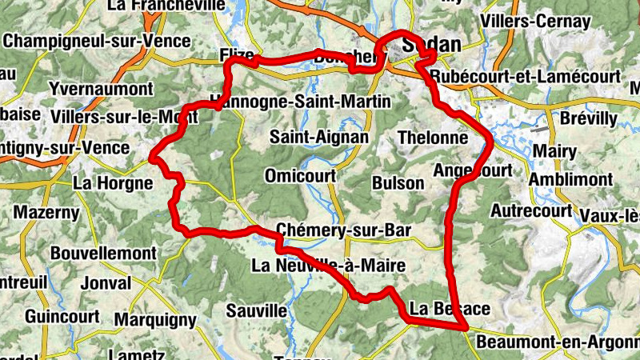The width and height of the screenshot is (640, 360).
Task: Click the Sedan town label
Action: click(x=432, y=45)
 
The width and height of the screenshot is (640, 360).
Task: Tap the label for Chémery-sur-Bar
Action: click(x=343, y=230)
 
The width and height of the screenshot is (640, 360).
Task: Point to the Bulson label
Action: click(x=398, y=182)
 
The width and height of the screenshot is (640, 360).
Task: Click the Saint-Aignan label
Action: click(x=319, y=137)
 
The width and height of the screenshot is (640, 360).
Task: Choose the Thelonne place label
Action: click(x=432, y=138)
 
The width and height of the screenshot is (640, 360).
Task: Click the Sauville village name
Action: click(x=256, y=310)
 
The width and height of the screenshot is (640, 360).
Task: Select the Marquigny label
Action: click(x=155, y=320)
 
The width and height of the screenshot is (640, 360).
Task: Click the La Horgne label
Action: click(x=112, y=182)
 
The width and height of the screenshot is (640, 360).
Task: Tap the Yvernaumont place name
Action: click(x=101, y=88)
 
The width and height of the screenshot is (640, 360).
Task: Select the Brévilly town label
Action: click(x=590, y=118)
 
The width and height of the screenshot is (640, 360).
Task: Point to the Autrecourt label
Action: click(x=531, y=211)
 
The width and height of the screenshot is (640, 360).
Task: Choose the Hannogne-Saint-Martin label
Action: click(x=301, y=102)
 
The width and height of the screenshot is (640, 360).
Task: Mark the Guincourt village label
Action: click(x=62, y=316)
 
